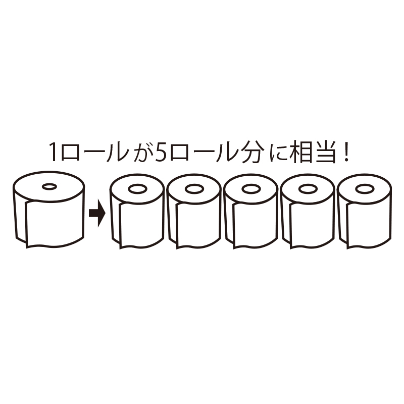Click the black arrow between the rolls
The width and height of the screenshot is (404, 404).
click(97, 213)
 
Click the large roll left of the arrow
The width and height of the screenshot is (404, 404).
click(48, 209)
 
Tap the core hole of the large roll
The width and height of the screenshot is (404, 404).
click(49, 186)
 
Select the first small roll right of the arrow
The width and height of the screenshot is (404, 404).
click(137, 211)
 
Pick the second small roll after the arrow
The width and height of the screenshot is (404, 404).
click(194, 211)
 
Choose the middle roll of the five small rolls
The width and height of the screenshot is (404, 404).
click(251, 211)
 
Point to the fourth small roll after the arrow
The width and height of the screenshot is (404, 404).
click(308, 211)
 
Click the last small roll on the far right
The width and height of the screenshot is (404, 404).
click(364, 211)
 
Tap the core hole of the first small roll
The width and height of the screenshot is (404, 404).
click(137, 189)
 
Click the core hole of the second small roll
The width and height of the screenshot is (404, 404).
click(194, 189)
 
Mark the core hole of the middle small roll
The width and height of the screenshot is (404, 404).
click(251, 189)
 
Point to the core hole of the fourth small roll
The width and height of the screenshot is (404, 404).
click(308, 189)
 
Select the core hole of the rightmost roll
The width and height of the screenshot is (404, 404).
click(365, 189)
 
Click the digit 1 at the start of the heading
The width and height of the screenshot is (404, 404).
click(54, 152)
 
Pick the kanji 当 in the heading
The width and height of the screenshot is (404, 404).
click(326, 152)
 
